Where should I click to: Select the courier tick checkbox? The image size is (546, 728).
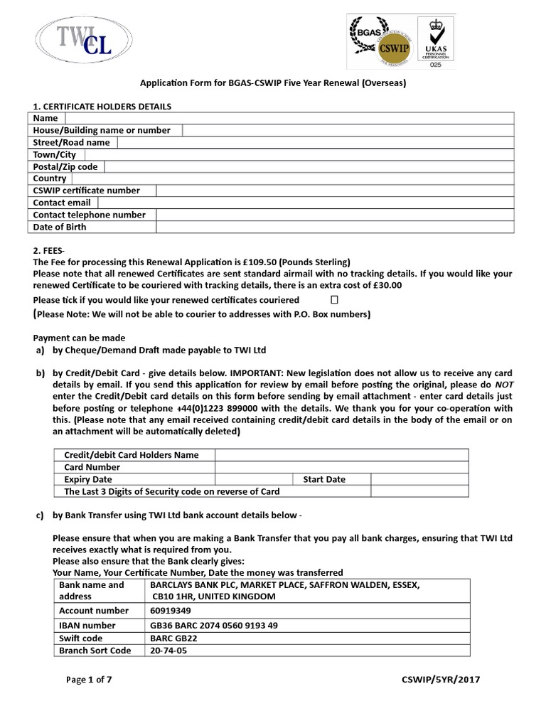click(334, 300)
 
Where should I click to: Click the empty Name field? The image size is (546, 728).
click(289, 118)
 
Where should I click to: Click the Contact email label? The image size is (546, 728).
click(62, 203)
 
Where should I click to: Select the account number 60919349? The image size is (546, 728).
click(171, 610)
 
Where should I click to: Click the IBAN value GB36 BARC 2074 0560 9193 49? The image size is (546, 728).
click(214, 626)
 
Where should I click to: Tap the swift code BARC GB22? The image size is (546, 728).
click(173, 638)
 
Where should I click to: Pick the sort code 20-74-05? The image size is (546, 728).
click(168, 650)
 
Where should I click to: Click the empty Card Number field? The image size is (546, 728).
click(341, 467)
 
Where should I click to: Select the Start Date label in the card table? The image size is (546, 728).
click(324, 479)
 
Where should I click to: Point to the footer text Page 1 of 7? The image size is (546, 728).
click(89, 680)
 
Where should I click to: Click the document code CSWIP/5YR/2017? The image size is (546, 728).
click(441, 680)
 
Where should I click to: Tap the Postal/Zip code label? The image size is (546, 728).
click(65, 166)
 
